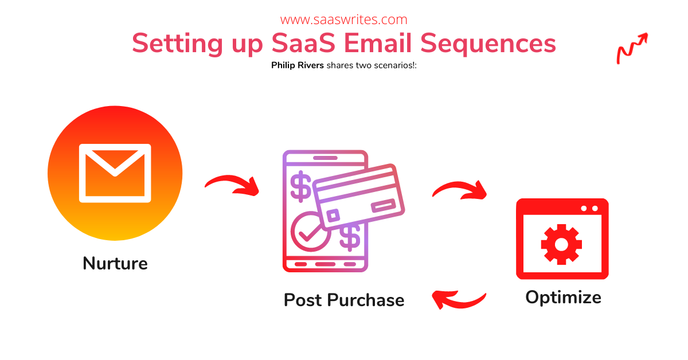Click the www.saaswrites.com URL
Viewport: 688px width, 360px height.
click(x=343, y=20)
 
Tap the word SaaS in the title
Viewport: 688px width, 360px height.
click(x=303, y=44)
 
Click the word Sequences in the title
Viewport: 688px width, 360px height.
click(x=488, y=44)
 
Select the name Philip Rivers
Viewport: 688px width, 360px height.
click(x=298, y=65)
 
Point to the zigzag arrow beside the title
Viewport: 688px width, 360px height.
click(x=632, y=49)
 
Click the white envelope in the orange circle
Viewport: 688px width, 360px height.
click(x=115, y=173)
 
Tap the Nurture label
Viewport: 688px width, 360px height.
click(x=115, y=263)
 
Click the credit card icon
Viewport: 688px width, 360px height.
click(x=358, y=197)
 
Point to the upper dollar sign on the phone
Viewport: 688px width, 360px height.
click(x=300, y=186)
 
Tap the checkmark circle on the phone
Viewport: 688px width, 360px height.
click(x=310, y=232)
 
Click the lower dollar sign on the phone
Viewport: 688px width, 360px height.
click(x=350, y=238)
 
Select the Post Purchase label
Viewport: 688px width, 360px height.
click(x=344, y=300)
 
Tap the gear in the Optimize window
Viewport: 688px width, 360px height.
click(x=561, y=245)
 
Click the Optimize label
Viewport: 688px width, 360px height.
click(x=563, y=298)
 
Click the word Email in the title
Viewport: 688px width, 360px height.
click(x=378, y=44)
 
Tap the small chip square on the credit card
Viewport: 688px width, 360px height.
click(x=333, y=215)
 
